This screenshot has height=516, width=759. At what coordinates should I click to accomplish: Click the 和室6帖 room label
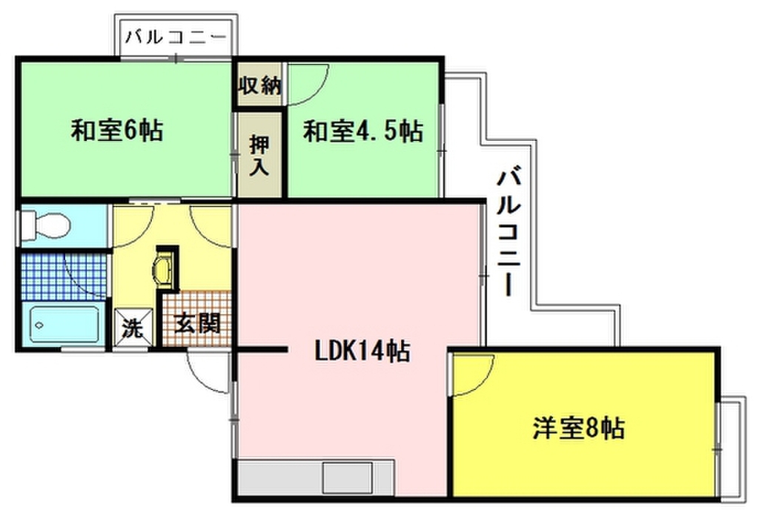pos(116,131)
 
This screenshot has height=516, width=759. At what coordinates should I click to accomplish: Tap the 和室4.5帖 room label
pos(363,132)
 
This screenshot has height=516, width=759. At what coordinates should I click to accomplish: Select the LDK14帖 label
pos(362,351)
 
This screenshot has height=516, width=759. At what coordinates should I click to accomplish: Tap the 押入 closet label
pos(258,154)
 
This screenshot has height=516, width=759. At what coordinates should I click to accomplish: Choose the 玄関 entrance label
pos(196,324)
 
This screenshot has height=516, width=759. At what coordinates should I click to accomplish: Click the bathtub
pos(65,324)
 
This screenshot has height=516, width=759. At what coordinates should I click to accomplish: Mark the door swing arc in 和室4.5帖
pos(307,82)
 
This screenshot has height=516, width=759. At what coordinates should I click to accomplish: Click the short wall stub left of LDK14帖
pos(261,349)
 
